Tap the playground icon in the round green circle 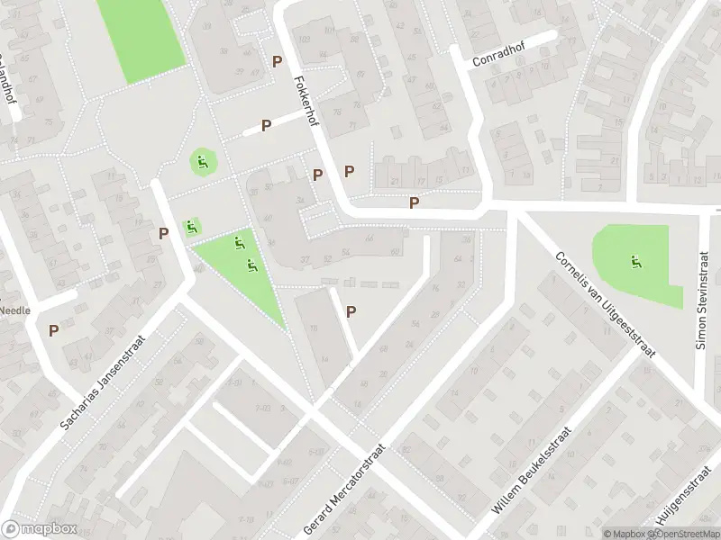(203, 163)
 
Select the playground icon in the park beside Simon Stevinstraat (636, 262)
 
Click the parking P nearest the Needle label (54, 330)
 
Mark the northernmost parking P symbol (278, 61)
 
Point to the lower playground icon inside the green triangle (251, 265)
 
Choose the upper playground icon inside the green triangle (238, 241)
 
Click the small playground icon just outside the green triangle (191, 227)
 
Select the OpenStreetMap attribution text (678, 534)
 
